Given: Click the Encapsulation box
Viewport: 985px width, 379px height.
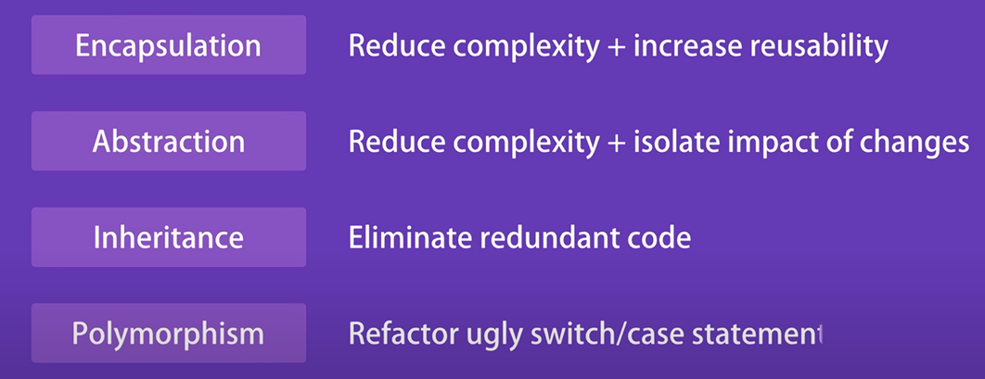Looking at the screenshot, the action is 169,45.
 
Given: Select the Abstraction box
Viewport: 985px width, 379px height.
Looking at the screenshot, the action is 169,141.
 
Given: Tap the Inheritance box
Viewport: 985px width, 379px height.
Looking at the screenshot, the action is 169,237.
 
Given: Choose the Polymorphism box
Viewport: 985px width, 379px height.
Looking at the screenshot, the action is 169,334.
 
